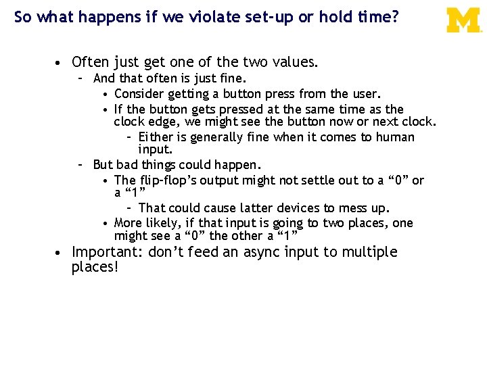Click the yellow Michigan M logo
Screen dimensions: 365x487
click(463, 20)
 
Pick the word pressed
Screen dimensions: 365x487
click(214, 109)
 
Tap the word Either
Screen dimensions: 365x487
click(156, 137)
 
